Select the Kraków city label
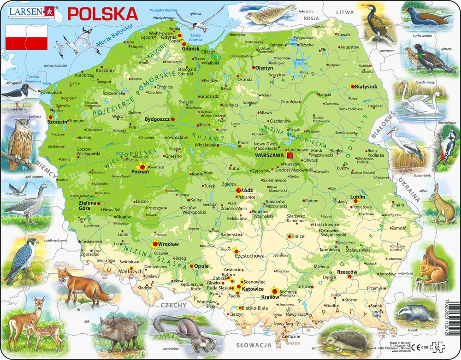(270, 297)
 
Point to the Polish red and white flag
(26, 37)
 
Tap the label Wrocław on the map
(168, 244)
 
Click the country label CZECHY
(173, 305)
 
